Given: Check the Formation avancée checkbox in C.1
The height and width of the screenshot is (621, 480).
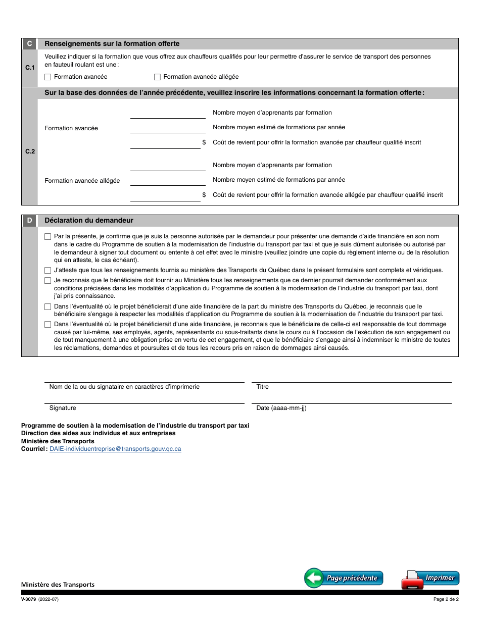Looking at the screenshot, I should tap(48, 77).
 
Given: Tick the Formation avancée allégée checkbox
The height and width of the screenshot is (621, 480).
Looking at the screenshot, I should tap(157, 77).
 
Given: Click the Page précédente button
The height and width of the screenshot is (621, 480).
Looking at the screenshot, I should tap(344, 578).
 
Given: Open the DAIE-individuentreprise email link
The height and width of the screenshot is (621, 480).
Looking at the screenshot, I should tap(115, 449).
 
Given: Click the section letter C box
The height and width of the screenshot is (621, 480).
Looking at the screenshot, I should tap(29, 44).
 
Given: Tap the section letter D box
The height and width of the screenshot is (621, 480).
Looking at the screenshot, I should tap(29, 221).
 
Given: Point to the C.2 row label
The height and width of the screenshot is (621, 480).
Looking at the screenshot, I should tap(30, 151).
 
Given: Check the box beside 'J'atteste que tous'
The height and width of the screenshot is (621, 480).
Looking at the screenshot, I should tap(48, 271).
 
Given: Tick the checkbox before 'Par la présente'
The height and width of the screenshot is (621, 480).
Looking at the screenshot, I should tap(48, 236).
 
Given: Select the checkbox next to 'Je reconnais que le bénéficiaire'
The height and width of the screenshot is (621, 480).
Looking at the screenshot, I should tap(48, 281).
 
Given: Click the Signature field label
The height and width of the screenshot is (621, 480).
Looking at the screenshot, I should tap(63, 408).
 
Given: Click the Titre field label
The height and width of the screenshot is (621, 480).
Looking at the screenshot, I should tap(263, 387).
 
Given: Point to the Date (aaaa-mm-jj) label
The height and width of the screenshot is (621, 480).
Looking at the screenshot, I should tap(281, 408).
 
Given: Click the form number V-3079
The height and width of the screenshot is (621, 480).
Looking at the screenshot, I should tap(28, 600).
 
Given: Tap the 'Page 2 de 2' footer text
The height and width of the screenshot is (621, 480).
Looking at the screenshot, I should tap(446, 600).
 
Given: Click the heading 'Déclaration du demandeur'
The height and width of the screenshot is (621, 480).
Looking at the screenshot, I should tap(89, 221).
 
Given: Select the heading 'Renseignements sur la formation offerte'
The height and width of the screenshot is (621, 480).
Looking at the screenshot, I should tap(112, 44).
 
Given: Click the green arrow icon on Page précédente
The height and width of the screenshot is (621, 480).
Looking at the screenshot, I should tap(314, 578).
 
